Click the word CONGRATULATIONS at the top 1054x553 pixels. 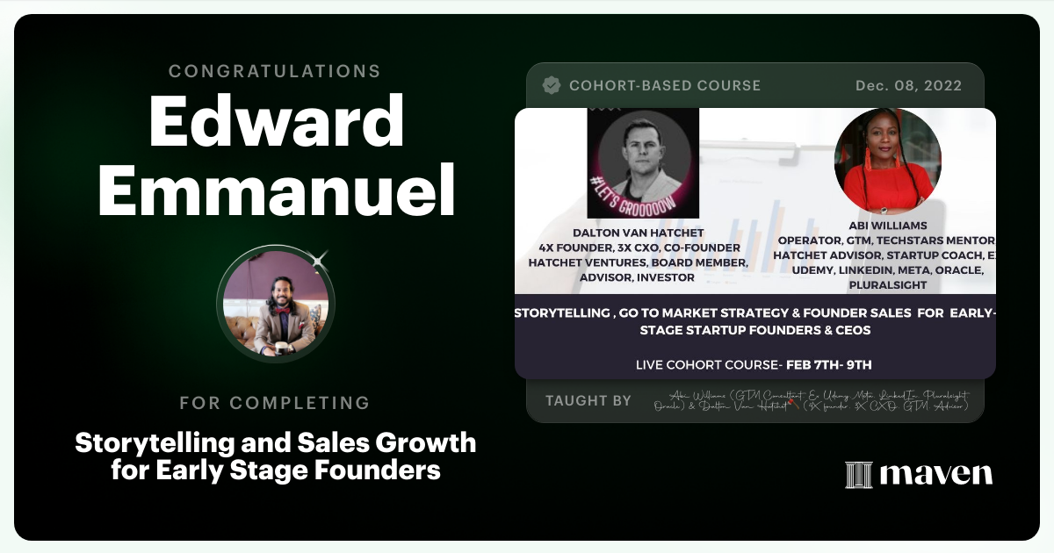[275, 70]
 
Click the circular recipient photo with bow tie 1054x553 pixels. [276, 303]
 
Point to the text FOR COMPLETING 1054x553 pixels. [275, 404]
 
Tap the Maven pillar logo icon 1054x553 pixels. [858, 475]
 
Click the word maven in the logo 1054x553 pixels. [935, 475]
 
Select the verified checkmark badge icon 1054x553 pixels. [552, 85]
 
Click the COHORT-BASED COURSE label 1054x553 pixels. [665, 86]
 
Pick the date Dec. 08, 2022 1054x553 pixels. [908, 86]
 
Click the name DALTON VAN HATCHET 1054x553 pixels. [638, 233]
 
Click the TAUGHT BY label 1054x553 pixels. [588, 401]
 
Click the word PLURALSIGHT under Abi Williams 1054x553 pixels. [887, 284]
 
